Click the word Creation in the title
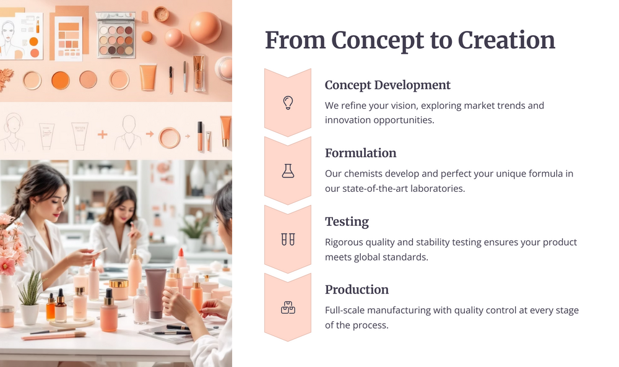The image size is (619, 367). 506,40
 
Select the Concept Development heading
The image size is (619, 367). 387,85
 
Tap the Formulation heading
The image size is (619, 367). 360,153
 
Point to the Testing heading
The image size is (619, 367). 347,222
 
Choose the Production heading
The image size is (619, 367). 357,290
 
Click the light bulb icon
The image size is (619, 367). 288,103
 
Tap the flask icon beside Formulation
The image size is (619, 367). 288,171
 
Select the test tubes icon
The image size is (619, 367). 288,239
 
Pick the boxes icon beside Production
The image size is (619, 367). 288,308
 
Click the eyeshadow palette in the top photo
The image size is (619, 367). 116,35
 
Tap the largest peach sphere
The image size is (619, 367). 205,27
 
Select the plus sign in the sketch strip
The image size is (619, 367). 102,134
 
